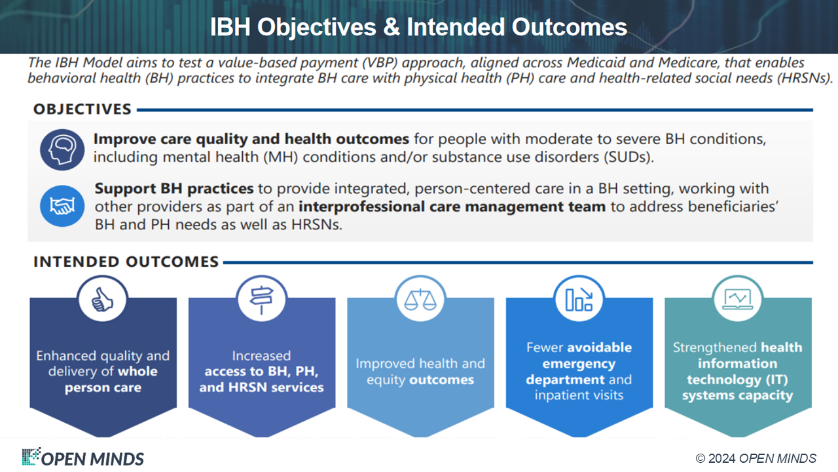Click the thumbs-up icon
tap(102, 300)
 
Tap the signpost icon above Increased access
tap(261, 300)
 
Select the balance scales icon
tap(420, 300)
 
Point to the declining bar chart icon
tap(579, 300)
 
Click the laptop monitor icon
tap(738, 300)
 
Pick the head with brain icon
tap(62, 150)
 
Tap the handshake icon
tap(62, 206)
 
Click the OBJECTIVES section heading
tap(82, 109)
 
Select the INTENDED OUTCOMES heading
tap(126, 262)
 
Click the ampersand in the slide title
tap(392, 28)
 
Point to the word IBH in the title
tap(230, 28)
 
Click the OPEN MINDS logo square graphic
tap(31, 456)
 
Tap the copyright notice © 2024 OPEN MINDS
tap(756, 458)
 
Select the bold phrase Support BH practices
tap(174, 188)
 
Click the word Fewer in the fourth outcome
tap(545, 347)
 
